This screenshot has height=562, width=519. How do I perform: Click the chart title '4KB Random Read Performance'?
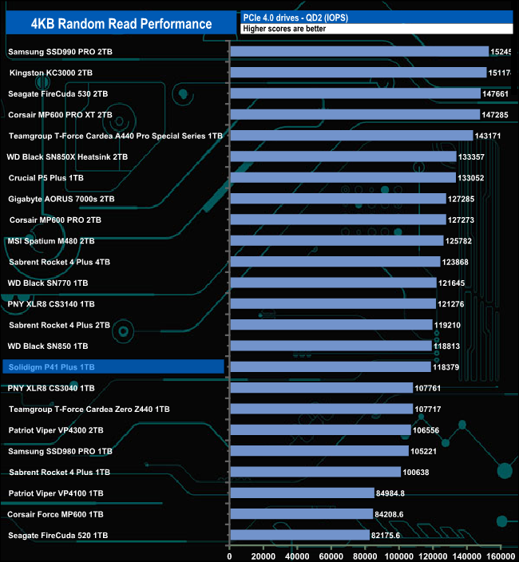click(121, 23)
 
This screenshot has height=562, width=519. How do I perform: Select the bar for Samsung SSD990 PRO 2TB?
click(359, 51)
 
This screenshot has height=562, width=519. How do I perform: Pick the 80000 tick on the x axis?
click(366, 556)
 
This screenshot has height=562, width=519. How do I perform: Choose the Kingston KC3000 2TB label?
click(53, 73)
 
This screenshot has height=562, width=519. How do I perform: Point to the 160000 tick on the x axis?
click(501, 556)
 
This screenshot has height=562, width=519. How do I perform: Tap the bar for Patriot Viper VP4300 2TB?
click(320, 429)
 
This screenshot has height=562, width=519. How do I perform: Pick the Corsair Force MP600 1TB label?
click(56, 514)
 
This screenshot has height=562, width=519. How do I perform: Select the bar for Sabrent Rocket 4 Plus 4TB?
click(335, 261)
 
